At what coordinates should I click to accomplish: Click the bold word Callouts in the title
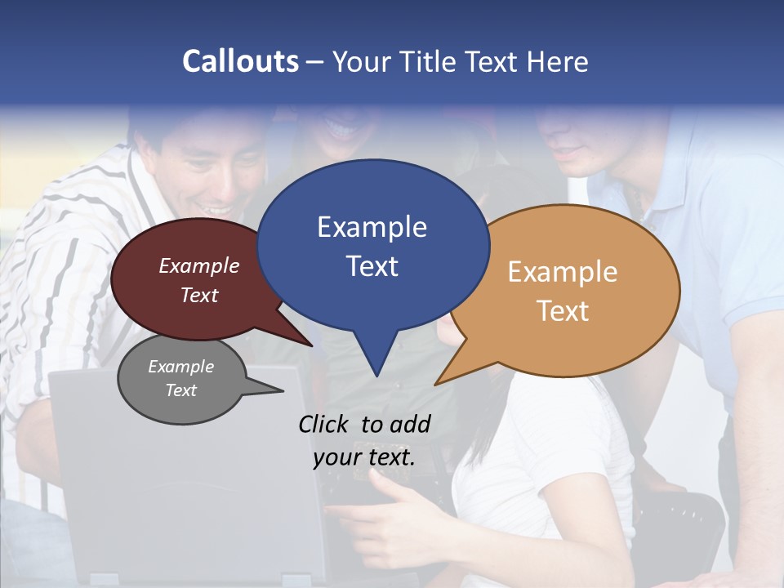coord(241,61)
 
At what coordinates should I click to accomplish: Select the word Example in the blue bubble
coord(372,227)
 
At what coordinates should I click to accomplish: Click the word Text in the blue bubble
coord(372,266)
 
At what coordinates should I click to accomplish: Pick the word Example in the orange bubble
coord(563,272)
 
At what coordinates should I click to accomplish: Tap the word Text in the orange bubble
coord(563,311)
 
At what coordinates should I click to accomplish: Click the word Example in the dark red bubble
coord(199,266)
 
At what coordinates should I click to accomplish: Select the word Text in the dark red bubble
coord(199,295)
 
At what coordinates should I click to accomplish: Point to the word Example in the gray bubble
coord(181,367)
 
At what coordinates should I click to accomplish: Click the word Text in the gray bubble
coord(181,390)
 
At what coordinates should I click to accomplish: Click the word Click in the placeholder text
coord(325,424)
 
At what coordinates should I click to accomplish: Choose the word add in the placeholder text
coord(411,424)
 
